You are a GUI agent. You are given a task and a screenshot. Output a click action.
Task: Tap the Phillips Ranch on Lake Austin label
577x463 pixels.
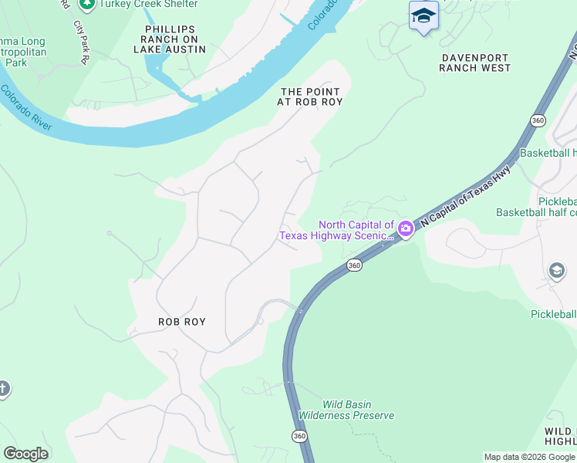pyautogui.click(x=171, y=39)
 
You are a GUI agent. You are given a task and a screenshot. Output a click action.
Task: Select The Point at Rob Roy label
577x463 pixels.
pyautogui.click(x=309, y=96)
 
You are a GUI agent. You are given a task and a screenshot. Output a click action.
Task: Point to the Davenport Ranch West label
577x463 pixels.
pyautogui.click(x=475, y=63)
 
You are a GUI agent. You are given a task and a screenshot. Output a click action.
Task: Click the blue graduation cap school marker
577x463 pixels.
pyautogui.click(x=423, y=15)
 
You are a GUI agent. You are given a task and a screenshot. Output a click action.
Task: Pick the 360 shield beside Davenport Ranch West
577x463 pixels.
pyautogui.click(x=538, y=120)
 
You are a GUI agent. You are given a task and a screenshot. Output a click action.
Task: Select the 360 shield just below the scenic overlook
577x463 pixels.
pyautogui.click(x=353, y=265)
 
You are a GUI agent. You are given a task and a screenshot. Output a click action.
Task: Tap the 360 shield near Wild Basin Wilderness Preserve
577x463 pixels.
pyautogui.click(x=300, y=436)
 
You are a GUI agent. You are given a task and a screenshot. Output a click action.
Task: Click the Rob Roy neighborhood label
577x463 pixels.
pyautogui.click(x=182, y=321)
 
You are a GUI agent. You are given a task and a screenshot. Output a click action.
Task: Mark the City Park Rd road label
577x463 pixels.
pyautogui.click(x=81, y=42)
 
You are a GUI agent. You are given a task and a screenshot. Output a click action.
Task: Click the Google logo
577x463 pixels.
pyautogui.click(x=25, y=454)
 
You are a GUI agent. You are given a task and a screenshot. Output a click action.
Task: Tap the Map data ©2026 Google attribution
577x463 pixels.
pyautogui.click(x=528, y=457)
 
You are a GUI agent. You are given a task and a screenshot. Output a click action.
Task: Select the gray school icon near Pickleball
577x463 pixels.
pyautogui.click(x=556, y=271)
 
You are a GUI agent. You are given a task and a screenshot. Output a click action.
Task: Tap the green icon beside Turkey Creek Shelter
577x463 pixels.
pyautogui.click(x=87, y=4)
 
